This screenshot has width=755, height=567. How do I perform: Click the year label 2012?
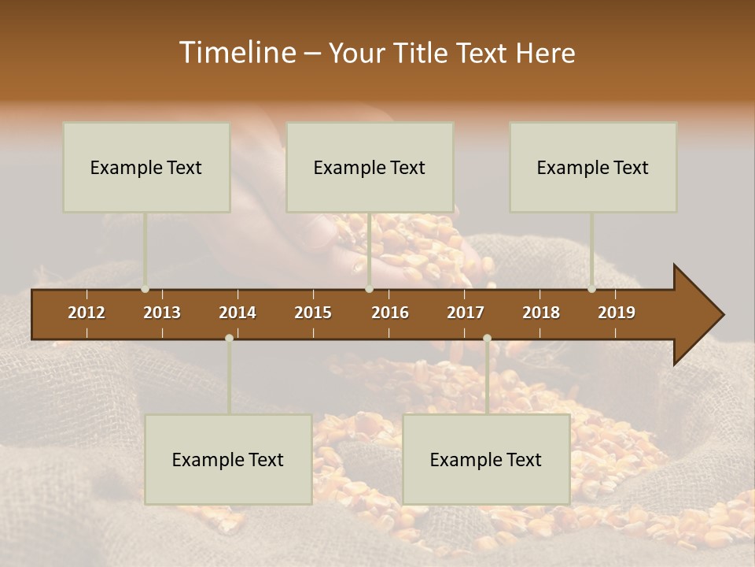point(87,313)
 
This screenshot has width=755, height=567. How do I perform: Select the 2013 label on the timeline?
point(162,313)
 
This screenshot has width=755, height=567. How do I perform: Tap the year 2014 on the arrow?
point(238,313)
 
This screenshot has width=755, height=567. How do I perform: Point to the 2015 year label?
point(313,313)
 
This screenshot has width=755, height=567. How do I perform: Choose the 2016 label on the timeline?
point(390,313)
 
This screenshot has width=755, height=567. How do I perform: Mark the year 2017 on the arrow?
point(466,313)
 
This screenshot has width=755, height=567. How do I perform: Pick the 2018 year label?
point(541,313)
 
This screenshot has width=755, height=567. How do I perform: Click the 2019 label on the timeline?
point(617,313)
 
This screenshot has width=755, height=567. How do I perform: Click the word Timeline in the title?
point(236,53)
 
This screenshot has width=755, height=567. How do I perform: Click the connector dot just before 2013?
point(145,289)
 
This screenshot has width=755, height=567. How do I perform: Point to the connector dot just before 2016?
point(369,289)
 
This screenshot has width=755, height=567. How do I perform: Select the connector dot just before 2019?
point(591,289)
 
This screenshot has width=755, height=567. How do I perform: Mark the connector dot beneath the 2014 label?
point(229,338)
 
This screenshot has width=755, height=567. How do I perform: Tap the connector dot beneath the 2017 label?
point(487,338)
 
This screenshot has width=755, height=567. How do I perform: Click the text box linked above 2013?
point(146,167)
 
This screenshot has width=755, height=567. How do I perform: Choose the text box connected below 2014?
point(228,459)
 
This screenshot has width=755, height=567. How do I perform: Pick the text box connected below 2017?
point(486,459)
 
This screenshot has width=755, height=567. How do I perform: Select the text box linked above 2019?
point(593,167)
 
